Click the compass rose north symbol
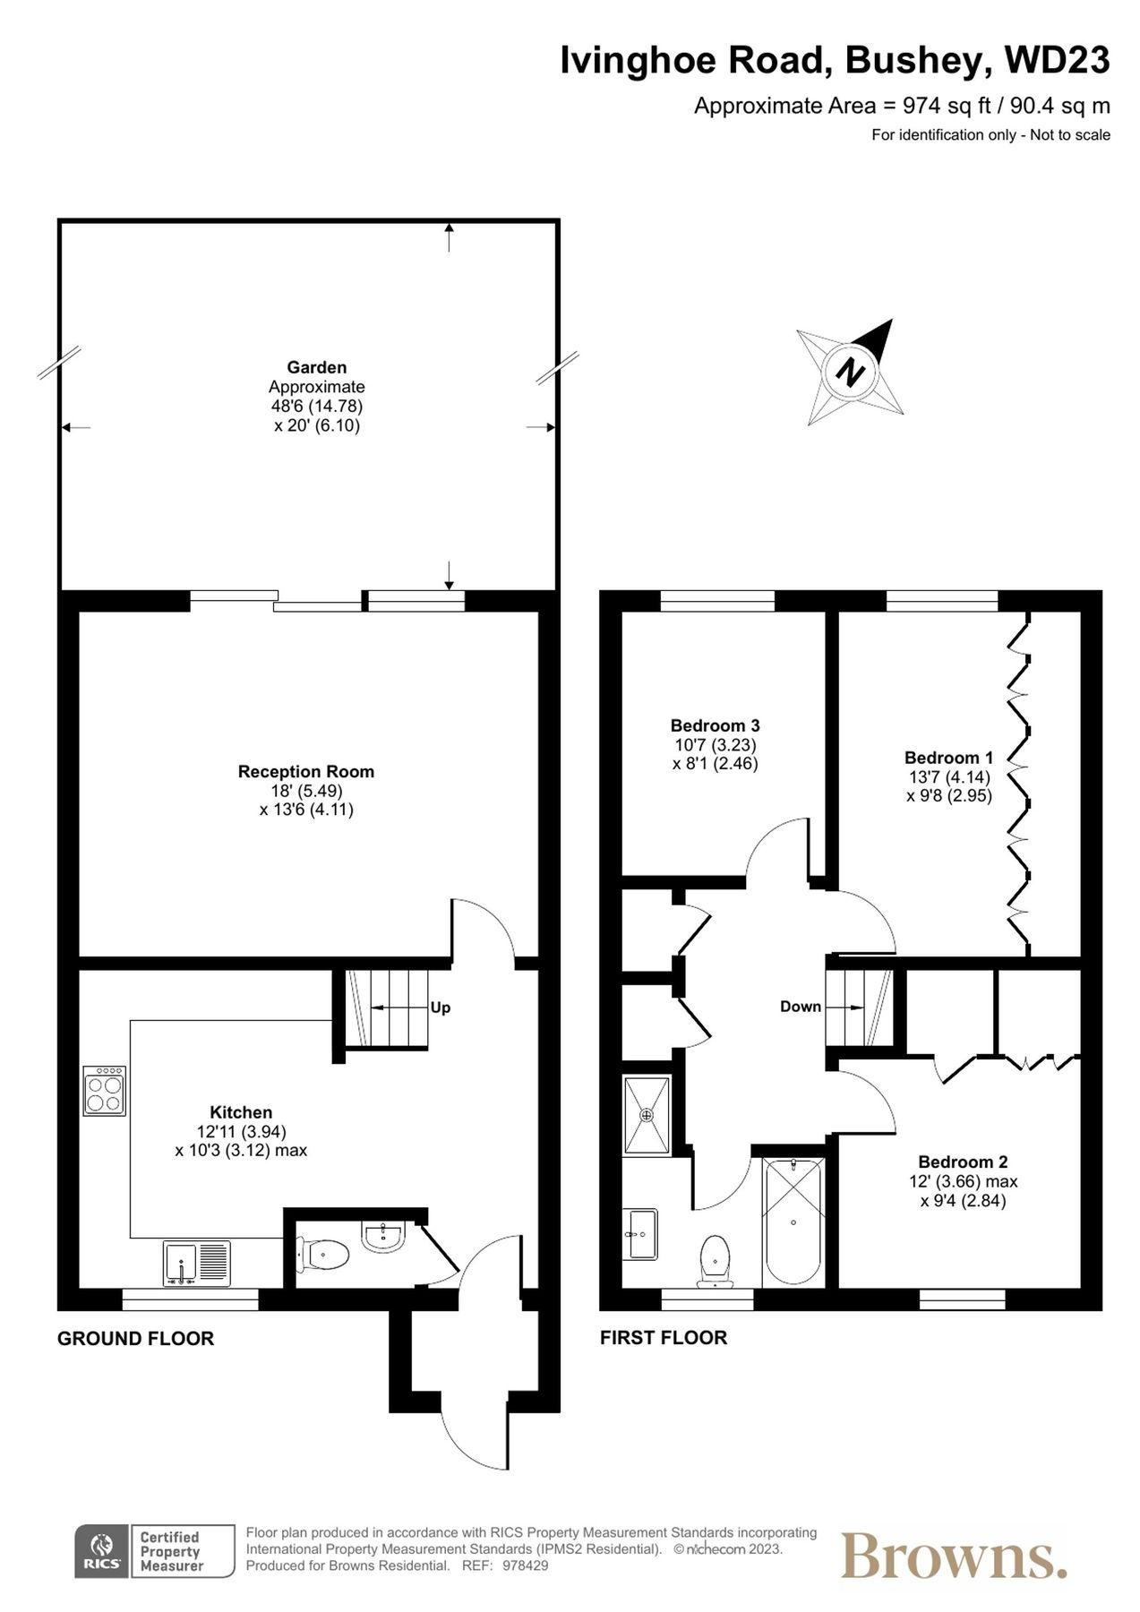coord(850,371)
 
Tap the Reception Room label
coord(305,771)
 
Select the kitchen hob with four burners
coord(105,1090)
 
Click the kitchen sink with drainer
coord(197,1263)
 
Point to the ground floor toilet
coord(323,1254)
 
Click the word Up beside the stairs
coord(440,1007)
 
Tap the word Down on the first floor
coord(800,1007)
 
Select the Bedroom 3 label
coord(715,725)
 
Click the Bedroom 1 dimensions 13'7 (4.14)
coord(948,776)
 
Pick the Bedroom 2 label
coord(962,1162)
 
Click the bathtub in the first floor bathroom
coord(793,1222)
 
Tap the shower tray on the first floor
coord(646,1115)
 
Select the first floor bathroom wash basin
coord(641,1234)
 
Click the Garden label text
coord(316,367)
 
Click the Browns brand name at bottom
coord(953,1556)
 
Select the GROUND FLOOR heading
coord(135,1338)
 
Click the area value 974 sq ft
coord(947,106)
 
